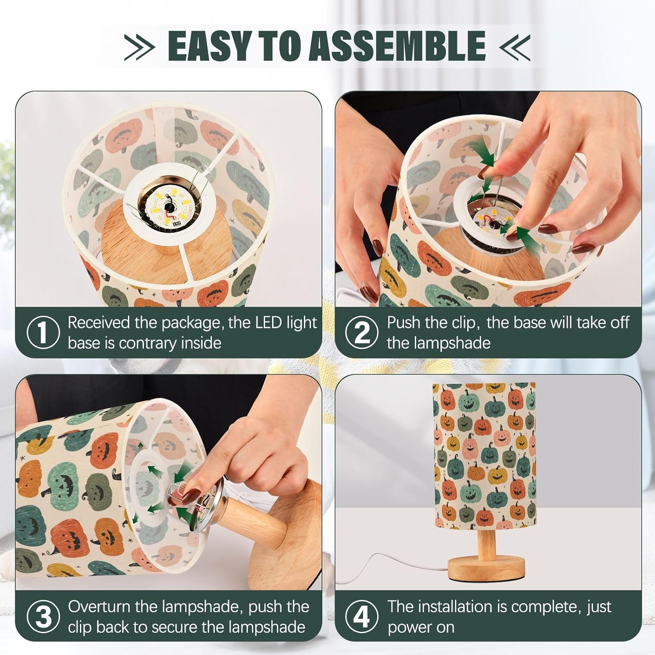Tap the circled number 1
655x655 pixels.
[43, 333]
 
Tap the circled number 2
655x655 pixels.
[362, 333]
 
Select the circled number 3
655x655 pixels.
[43, 617]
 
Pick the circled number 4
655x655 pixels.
[362, 617]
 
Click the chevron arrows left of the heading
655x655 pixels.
[139, 46]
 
